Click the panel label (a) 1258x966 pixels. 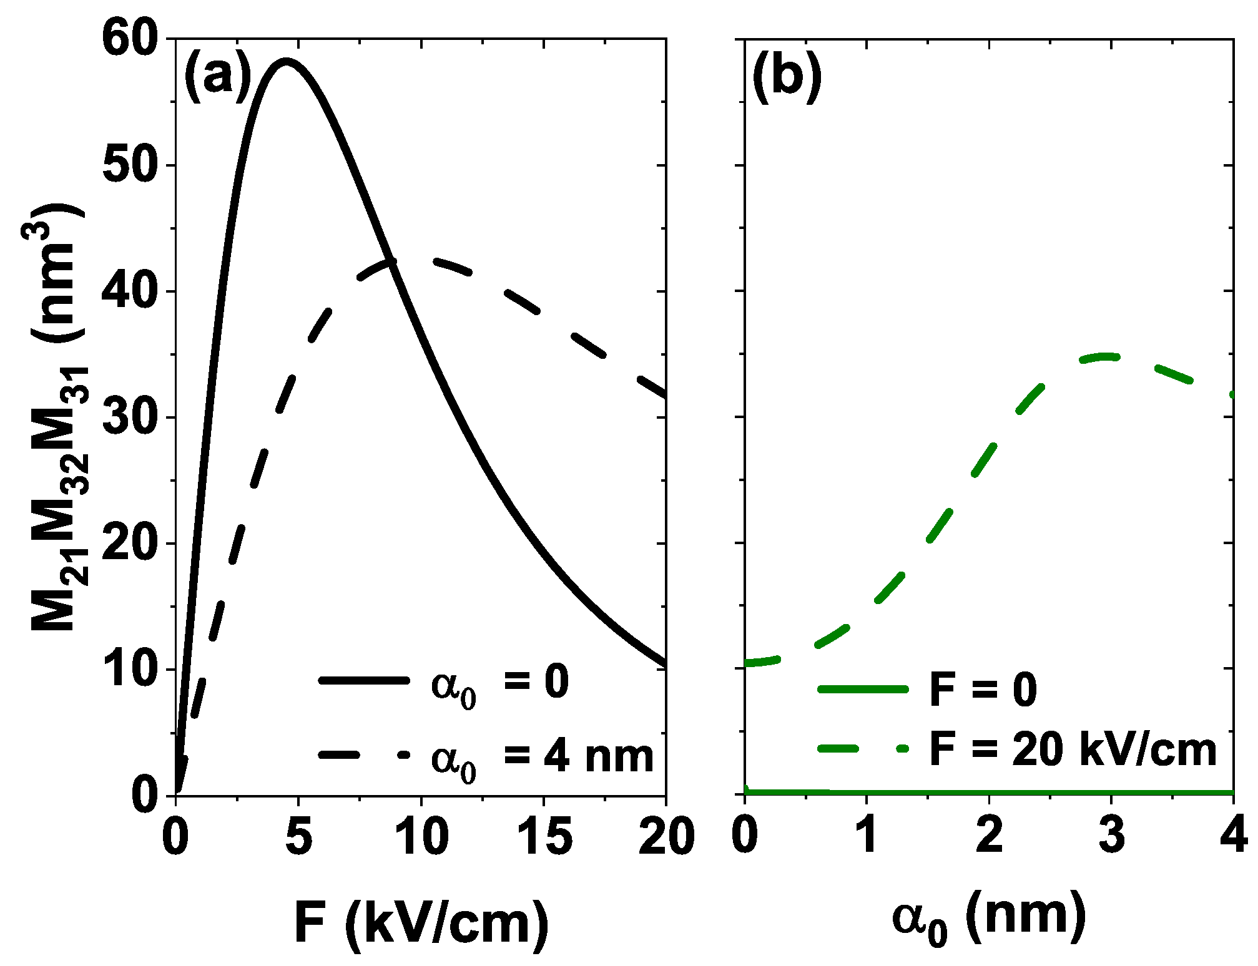coord(217,77)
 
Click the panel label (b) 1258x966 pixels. coord(786,77)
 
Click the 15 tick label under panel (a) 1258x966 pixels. coord(544,837)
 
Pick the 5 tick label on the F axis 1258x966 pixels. coord(298,837)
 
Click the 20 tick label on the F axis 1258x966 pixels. coord(666,837)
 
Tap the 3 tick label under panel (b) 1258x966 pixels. coord(1111,837)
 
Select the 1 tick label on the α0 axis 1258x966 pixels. coord(867,837)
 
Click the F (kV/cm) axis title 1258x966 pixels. coord(421,924)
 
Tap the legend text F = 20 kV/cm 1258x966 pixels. coord(1073,749)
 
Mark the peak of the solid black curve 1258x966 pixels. coord(286,61)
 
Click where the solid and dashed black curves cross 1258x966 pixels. coord(392,262)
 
